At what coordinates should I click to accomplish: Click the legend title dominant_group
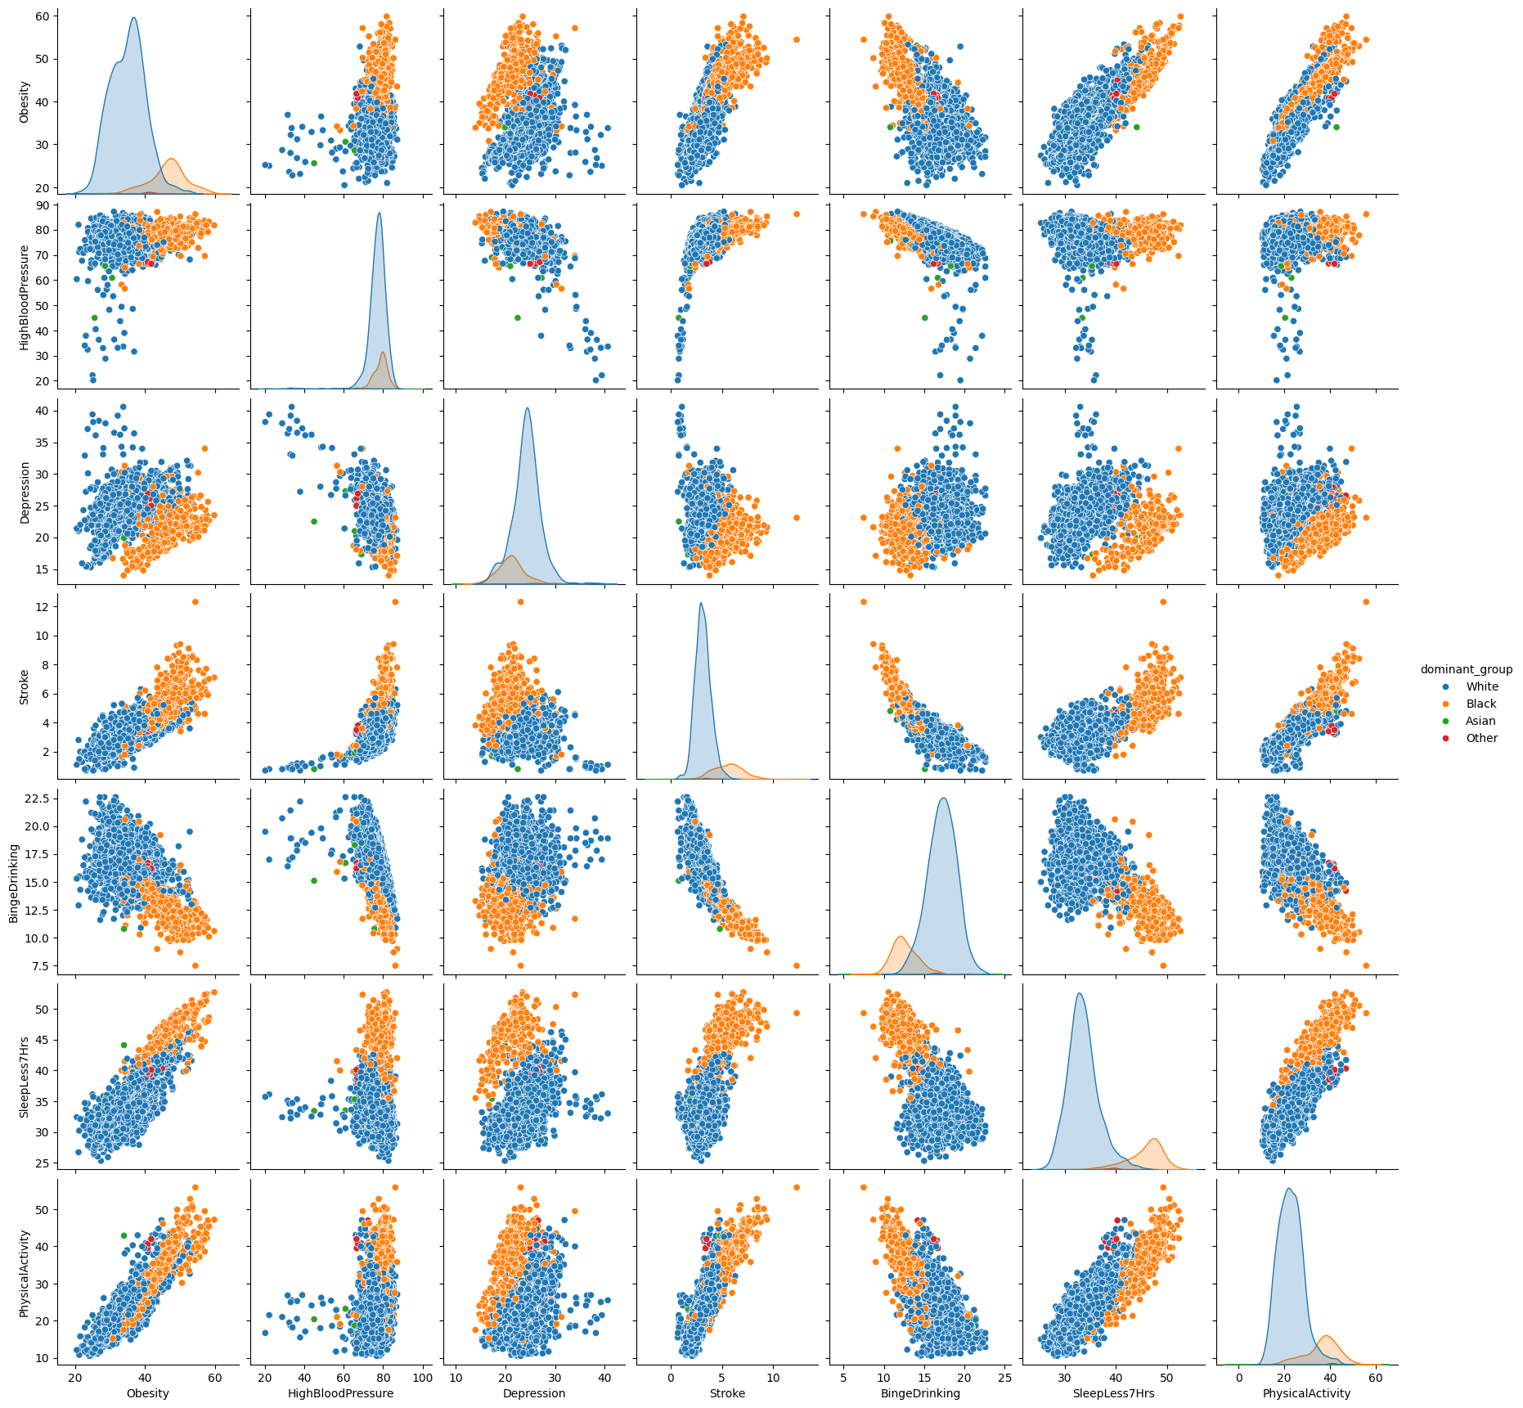1466,669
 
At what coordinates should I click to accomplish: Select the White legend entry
1481,686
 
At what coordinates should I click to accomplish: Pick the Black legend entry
1480,704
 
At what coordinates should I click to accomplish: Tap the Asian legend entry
1480,721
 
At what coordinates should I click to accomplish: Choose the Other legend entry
1481,738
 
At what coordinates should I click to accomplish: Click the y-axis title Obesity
25,102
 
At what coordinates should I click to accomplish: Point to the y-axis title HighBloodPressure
25,298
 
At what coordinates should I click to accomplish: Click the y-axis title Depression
25,493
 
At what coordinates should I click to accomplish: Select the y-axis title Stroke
25,687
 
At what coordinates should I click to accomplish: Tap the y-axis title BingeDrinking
14,883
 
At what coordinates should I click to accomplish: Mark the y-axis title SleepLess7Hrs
25,1077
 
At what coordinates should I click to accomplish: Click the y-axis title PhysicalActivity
25,1273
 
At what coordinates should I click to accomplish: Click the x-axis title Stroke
727,1393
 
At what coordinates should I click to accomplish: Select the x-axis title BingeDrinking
920,1393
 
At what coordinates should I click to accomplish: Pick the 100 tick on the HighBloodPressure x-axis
423,1378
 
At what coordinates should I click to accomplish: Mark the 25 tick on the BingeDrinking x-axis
1005,1378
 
